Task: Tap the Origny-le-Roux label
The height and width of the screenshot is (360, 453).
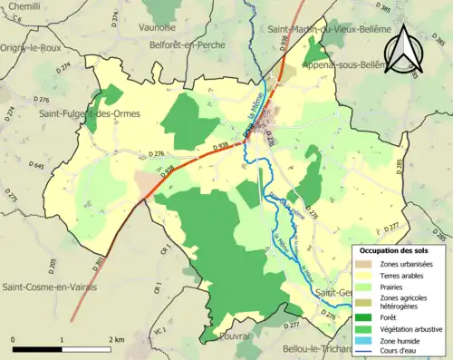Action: click(34, 51)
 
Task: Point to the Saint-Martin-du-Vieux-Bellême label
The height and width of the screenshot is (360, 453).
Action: click(330, 30)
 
